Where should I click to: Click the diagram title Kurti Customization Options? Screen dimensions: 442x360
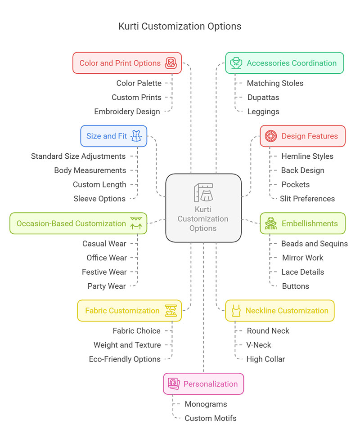180,26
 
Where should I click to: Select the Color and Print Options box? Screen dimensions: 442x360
127,63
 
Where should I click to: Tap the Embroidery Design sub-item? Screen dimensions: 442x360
127,112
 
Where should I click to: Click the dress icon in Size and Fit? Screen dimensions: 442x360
136,136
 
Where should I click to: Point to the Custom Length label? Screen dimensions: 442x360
99,184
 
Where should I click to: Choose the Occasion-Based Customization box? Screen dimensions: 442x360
78,223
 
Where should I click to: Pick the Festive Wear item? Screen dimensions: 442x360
104,272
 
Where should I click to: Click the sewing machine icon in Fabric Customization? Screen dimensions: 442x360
171,311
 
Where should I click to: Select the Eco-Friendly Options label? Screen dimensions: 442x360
125,359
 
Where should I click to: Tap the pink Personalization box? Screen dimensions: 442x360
203,384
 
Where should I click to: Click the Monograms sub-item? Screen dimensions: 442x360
206,404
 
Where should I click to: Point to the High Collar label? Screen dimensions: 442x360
265,359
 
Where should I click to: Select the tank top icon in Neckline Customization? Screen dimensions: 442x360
236,311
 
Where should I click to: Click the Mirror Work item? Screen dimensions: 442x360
302,258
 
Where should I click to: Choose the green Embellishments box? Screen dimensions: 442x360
303,223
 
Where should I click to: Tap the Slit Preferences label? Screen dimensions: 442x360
307,198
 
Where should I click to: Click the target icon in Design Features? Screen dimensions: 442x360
271,136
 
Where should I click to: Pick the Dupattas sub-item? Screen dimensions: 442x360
263,97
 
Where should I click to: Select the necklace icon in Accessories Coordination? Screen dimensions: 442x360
236,63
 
